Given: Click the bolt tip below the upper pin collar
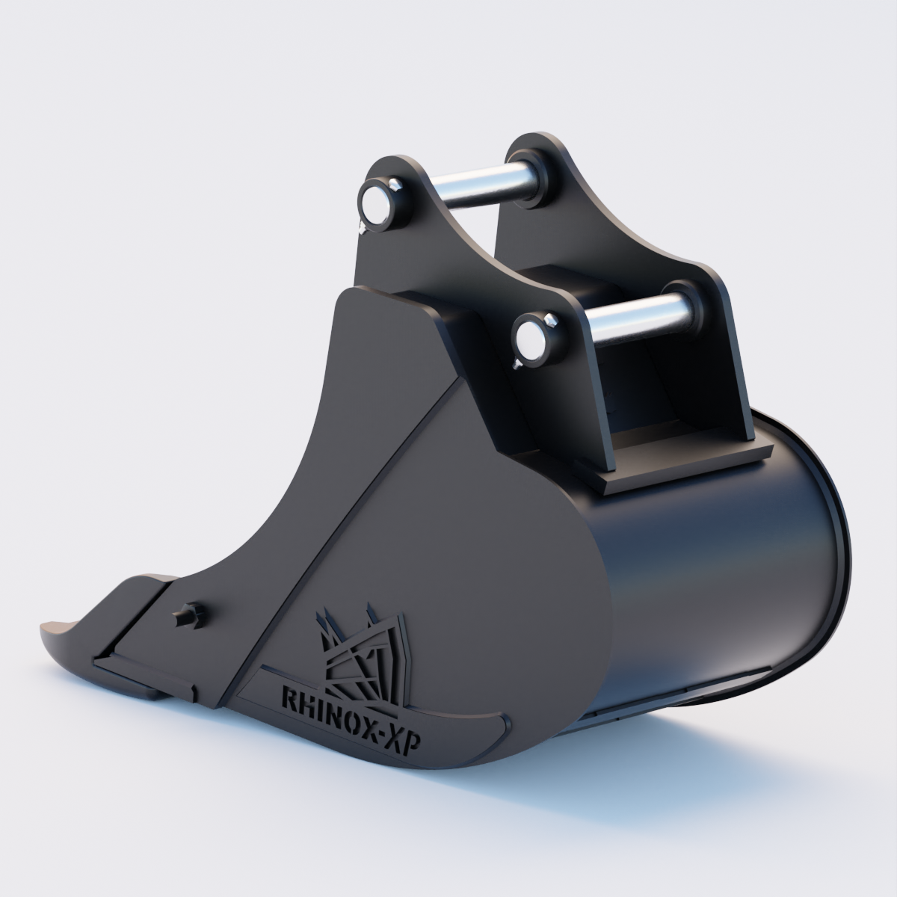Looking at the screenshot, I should point(361,224).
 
